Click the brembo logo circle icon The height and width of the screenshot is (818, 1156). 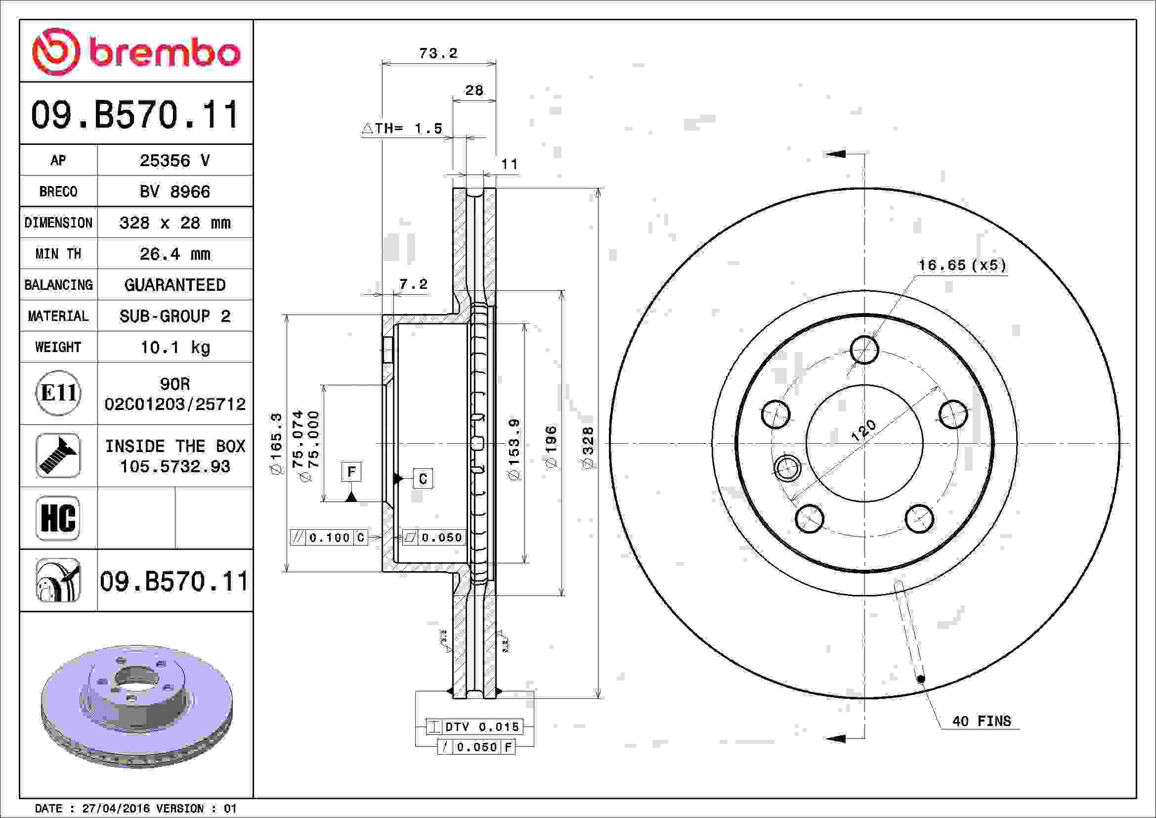pos(56,51)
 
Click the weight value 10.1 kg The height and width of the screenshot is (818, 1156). pos(174,347)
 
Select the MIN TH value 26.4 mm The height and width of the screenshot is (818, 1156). pos(174,254)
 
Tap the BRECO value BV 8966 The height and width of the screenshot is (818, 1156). pos(174,191)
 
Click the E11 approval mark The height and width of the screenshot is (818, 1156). pos(58,393)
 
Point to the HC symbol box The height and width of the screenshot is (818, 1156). pos(58,518)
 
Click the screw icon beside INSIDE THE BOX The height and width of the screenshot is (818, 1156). pos(58,455)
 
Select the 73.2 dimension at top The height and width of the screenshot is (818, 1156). pos(438,53)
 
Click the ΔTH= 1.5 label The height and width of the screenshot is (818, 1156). pos(403,129)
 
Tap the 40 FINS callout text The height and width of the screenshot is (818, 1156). pos(982,721)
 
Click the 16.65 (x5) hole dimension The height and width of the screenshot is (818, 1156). pos(962,265)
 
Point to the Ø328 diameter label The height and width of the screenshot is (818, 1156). pos(588,448)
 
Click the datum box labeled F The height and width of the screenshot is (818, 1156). pos(351,472)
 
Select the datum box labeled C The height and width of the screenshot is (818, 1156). pos(423,479)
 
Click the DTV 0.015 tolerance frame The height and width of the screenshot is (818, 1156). pos(474,727)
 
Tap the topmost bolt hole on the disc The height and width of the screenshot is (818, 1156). pos(864,350)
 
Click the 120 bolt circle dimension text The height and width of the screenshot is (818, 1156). pos(863,432)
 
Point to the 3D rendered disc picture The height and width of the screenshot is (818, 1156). pos(136,705)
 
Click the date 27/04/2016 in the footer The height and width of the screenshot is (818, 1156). pos(116,809)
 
